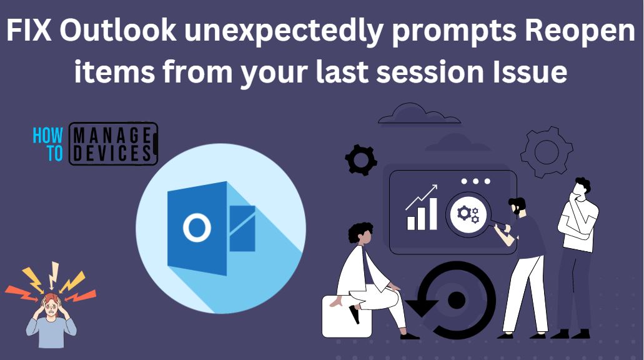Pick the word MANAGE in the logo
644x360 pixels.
pos(112,134)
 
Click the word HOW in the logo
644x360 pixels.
pos(48,134)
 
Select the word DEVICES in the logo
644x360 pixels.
pos(112,153)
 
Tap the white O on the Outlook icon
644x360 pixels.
pos(196,227)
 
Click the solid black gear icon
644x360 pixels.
pos(361,160)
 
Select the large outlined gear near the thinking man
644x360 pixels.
pos(547,152)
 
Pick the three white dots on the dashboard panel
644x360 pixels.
pos(475,181)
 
